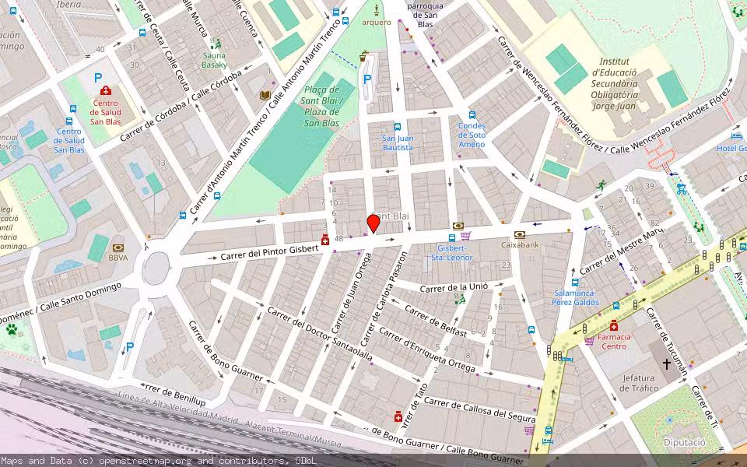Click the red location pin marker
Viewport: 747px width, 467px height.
click(x=373, y=223)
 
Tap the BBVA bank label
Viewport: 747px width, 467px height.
click(x=118, y=258)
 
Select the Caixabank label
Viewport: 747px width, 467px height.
click(x=521, y=244)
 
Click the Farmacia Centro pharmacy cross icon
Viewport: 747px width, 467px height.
click(x=614, y=325)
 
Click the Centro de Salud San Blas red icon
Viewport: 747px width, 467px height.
click(x=105, y=91)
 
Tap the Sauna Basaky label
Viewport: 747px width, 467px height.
click(x=214, y=60)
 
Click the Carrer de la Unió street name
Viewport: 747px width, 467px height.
click(x=454, y=288)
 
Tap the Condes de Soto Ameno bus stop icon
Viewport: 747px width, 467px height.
click(x=472, y=114)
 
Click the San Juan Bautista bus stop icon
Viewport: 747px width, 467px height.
click(x=397, y=126)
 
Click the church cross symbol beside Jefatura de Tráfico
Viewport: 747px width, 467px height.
click(x=666, y=363)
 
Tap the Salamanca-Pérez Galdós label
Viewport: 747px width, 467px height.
click(x=575, y=297)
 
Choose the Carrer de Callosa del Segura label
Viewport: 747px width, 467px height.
click(x=479, y=409)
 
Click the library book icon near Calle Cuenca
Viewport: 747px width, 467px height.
click(x=265, y=95)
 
